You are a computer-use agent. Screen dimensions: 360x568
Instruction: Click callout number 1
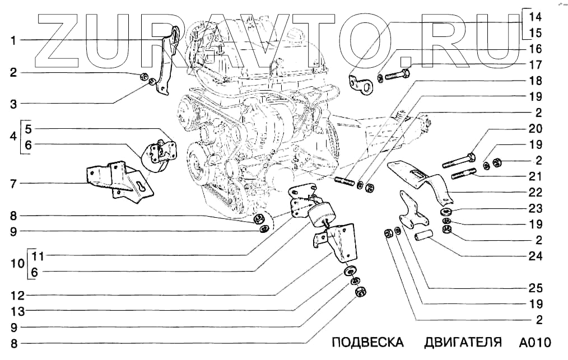(x=12, y=40)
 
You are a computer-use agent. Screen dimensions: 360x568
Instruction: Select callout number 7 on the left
(x=12, y=183)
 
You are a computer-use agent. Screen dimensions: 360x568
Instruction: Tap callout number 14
(x=536, y=16)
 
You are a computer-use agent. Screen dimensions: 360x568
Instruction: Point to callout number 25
(x=536, y=288)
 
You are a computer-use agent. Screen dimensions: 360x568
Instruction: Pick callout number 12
(x=12, y=294)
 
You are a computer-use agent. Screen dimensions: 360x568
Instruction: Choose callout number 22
(x=536, y=192)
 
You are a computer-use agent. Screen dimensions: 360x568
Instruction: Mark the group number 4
(x=12, y=137)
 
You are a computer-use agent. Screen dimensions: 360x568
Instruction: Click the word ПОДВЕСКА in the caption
(x=367, y=343)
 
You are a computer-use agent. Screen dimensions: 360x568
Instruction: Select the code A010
(x=535, y=343)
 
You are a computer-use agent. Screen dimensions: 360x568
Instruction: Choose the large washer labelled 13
(x=351, y=272)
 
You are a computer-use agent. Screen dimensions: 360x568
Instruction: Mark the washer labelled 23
(x=447, y=212)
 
